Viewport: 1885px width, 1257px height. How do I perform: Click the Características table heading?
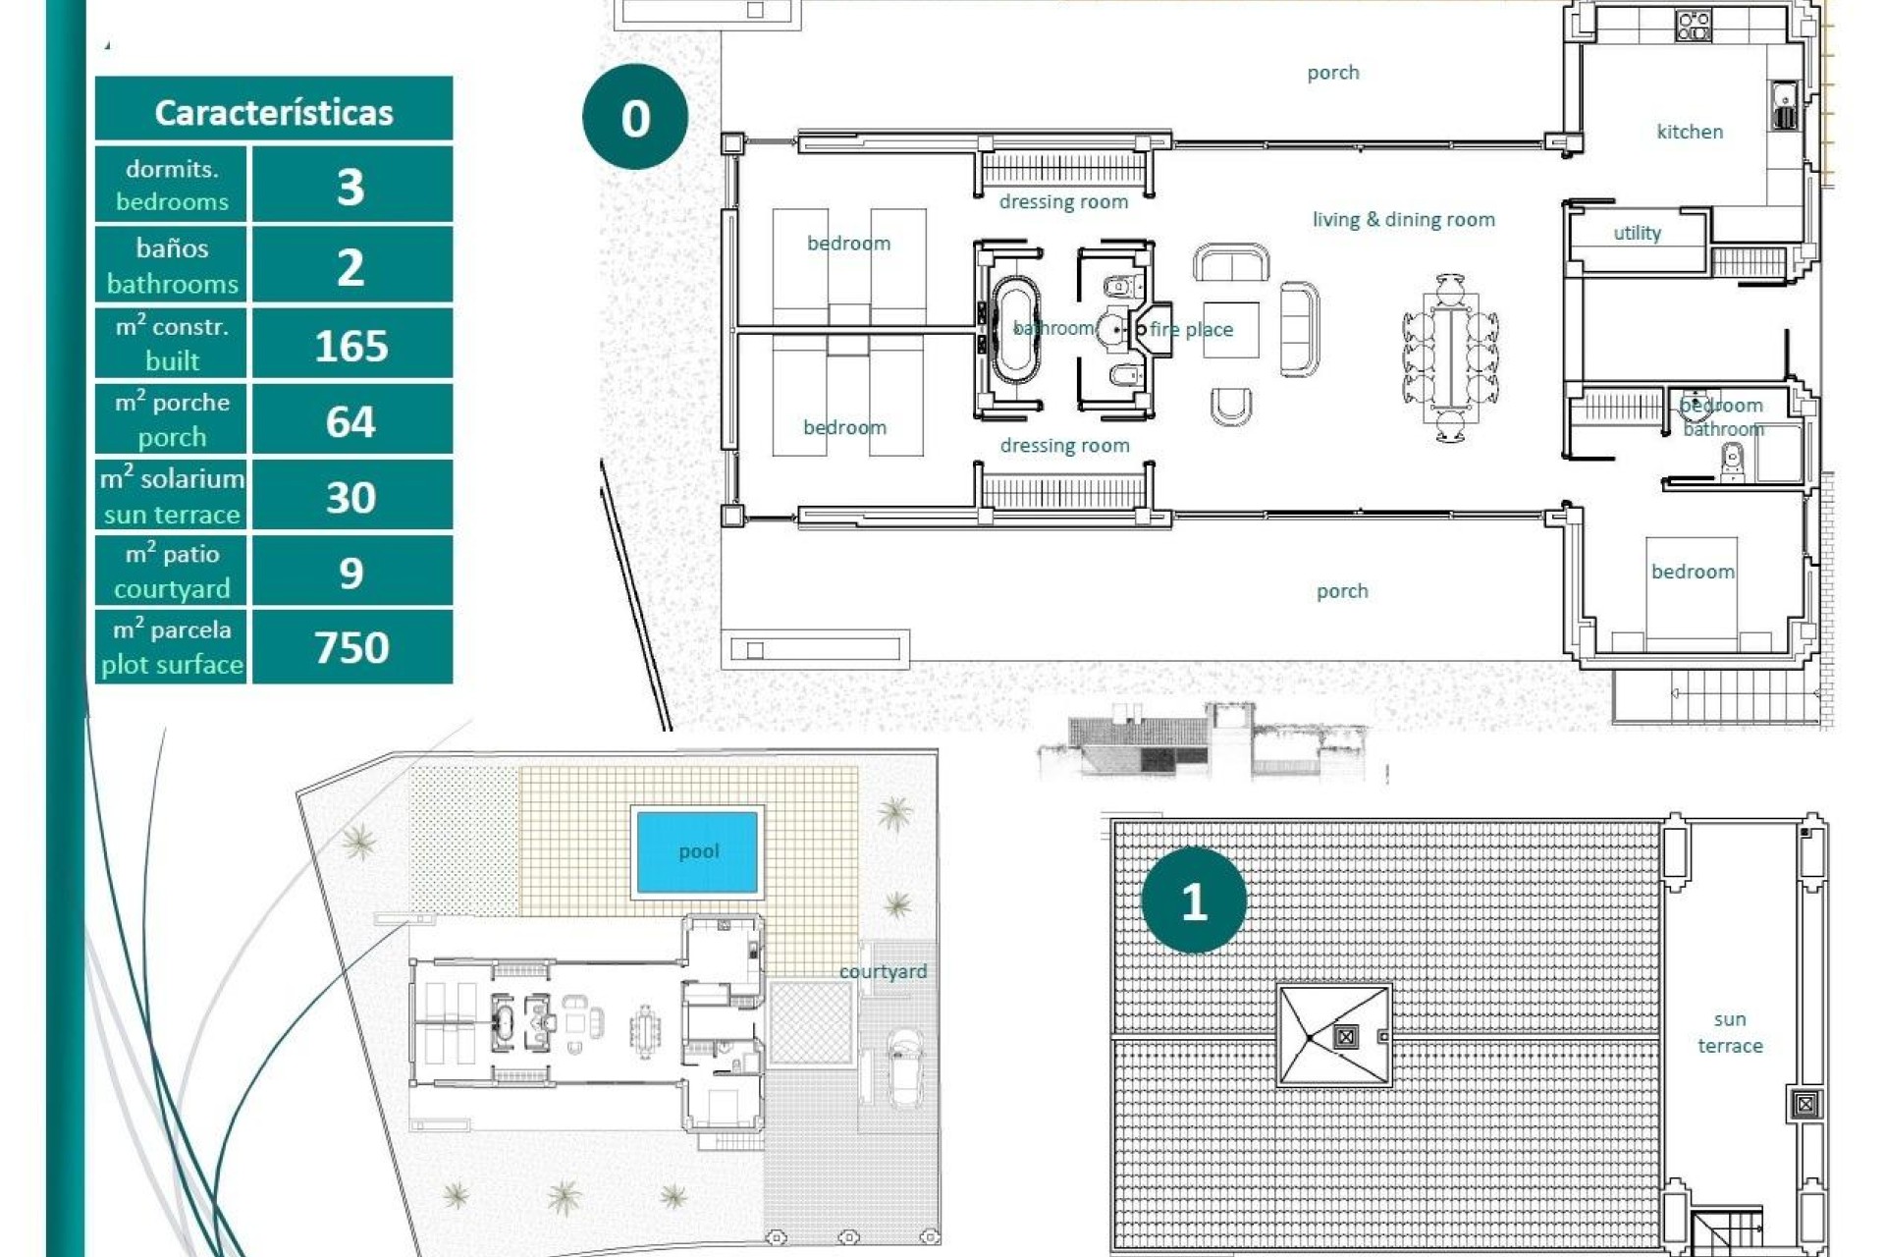(x=273, y=112)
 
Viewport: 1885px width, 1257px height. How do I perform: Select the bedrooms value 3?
(x=350, y=187)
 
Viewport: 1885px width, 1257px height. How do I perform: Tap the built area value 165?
(x=350, y=346)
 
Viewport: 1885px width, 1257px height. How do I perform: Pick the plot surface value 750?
(x=350, y=647)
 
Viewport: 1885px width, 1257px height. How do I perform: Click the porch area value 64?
(x=350, y=421)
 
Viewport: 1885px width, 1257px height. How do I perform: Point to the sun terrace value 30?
(x=350, y=497)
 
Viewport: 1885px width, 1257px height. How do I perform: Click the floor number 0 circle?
(x=635, y=118)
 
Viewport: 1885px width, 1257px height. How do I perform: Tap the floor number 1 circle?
(x=1194, y=901)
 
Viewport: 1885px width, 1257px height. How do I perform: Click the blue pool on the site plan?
(x=697, y=851)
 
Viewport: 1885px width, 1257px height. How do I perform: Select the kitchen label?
(x=1689, y=132)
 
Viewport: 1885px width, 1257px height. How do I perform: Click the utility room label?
(x=1637, y=233)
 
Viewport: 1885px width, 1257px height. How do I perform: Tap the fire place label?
(x=1191, y=330)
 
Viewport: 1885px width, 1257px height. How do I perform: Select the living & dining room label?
(x=1403, y=220)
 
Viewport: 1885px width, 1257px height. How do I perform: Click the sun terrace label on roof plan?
(x=1730, y=1032)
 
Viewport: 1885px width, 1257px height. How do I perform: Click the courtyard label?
(x=882, y=971)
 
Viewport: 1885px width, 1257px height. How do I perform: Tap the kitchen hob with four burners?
(x=1694, y=25)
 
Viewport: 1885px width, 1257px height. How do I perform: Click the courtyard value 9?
(x=350, y=573)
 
